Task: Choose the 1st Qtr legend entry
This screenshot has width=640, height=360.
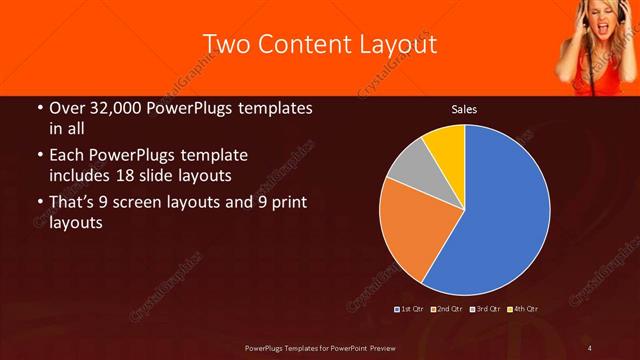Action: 410,309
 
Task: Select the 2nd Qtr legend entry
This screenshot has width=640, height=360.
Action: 447,309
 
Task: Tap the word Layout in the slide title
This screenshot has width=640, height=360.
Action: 398,45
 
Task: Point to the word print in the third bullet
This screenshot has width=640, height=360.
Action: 285,203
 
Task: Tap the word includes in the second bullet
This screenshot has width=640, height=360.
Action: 80,174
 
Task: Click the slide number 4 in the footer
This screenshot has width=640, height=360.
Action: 590,347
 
